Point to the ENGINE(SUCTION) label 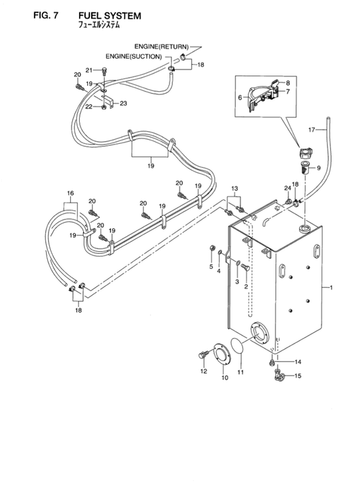coord(134,57)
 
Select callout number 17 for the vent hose coord(313,128)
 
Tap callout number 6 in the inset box coord(239,97)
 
